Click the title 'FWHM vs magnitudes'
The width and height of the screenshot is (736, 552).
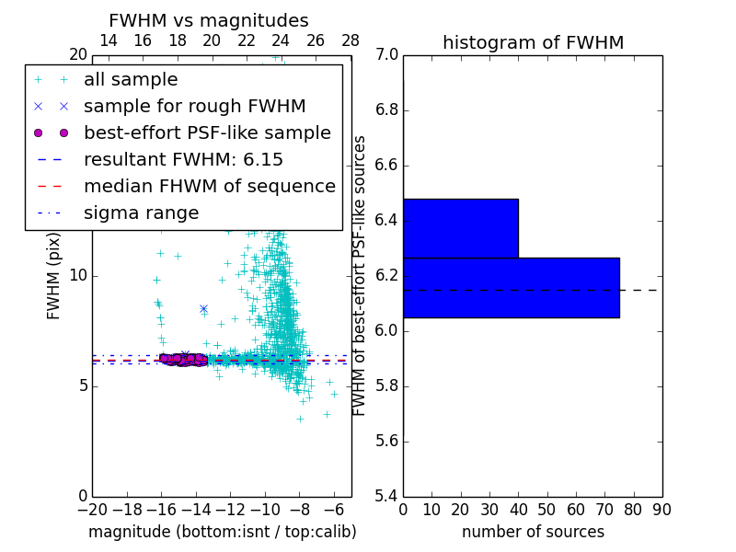pyautogui.click(x=209, y=21)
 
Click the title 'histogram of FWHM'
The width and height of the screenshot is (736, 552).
pyautogui.click(x=533, y=43)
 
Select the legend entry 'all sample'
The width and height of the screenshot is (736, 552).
pyautogui.click(x=131, y=80)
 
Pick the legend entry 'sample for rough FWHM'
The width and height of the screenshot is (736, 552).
pyautogui.click(x=194, y=107)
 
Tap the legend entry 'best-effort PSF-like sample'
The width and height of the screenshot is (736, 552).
pyautogui.click(x=207, y=133)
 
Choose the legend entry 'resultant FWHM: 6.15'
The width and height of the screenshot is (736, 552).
pyautogui.click(x=183, y=160)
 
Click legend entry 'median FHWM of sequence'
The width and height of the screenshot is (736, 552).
pyautogui.click(x=209, y=187)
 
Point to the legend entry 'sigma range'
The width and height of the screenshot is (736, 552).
pyautogui.click(x=141, y=213)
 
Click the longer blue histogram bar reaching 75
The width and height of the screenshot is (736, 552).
pyautogui.click(x=511, y=288)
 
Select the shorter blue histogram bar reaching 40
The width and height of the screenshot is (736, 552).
pyautogui.click(x=460, y=228)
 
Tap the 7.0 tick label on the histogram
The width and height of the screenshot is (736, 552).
pyautogui.click(x=386, y=55)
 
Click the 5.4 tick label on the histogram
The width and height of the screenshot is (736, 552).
pyautogui.click(x=386, y=496)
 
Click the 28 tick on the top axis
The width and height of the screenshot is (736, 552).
pyautogui.click(x=351, y=40)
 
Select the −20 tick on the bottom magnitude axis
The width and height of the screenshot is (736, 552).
pyautogui.click(x=91, y=509)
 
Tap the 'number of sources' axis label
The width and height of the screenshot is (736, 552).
pyautogui.click(x=533, y=532)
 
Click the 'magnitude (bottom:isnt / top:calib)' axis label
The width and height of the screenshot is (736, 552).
pyautogui.click(x=222, y=532)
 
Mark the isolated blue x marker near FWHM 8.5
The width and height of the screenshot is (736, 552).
pyautogui.click(x=203, y=309)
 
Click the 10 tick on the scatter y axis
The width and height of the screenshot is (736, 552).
pyautogui.click(x=78, y=276)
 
